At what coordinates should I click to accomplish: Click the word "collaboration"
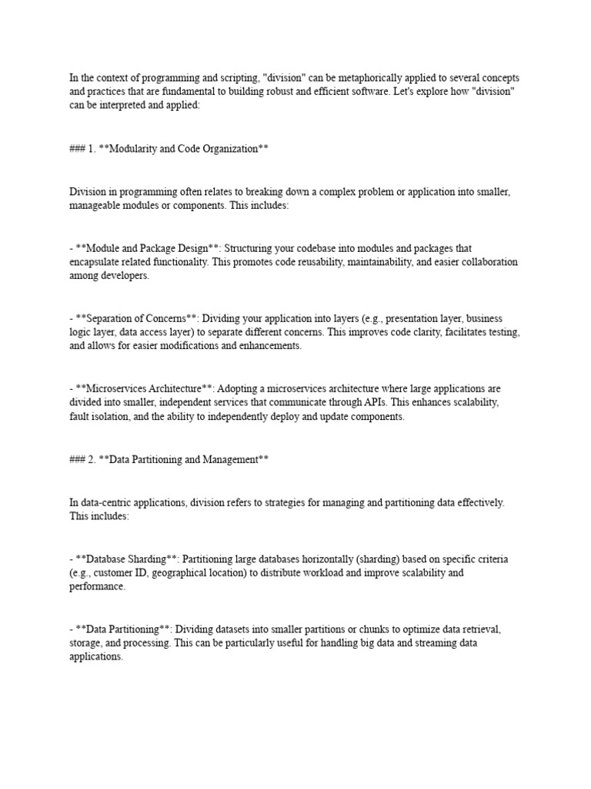click(x=482, y=262)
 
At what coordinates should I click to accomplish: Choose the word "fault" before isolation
click(x=82, y=416)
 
